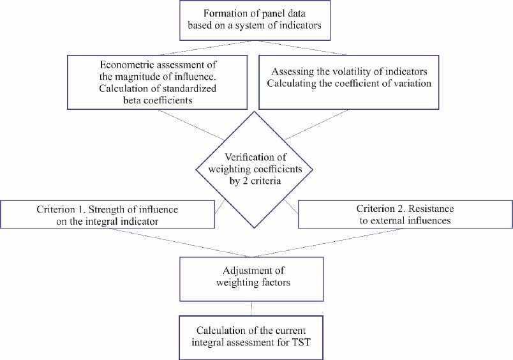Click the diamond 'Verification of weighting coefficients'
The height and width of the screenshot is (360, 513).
(254, 169)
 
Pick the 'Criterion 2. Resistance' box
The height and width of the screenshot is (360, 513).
(405, 214)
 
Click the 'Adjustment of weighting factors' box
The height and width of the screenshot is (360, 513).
(253, 278)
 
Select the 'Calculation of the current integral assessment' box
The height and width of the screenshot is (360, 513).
(253, 336)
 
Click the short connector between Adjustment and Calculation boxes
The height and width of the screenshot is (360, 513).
(253, 308)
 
